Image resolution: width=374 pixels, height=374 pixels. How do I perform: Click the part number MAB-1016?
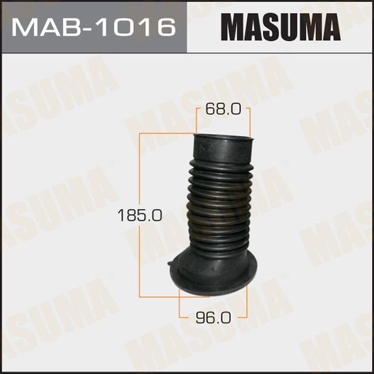(93, 27)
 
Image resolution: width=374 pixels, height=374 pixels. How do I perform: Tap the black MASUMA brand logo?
(280, 27)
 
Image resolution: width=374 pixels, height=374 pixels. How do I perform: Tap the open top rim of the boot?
(224, 138)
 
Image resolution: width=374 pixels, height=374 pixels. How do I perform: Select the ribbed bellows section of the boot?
(217, 204)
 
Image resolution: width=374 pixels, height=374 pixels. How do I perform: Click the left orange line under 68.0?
(196, 120)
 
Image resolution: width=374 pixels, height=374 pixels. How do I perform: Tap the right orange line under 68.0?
(250, 123)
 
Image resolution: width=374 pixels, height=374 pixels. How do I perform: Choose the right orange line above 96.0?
(247, 300)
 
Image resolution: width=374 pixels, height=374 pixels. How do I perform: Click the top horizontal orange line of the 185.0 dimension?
(167, 134)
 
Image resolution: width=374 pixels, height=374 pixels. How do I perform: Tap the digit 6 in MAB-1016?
(166, 27)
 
